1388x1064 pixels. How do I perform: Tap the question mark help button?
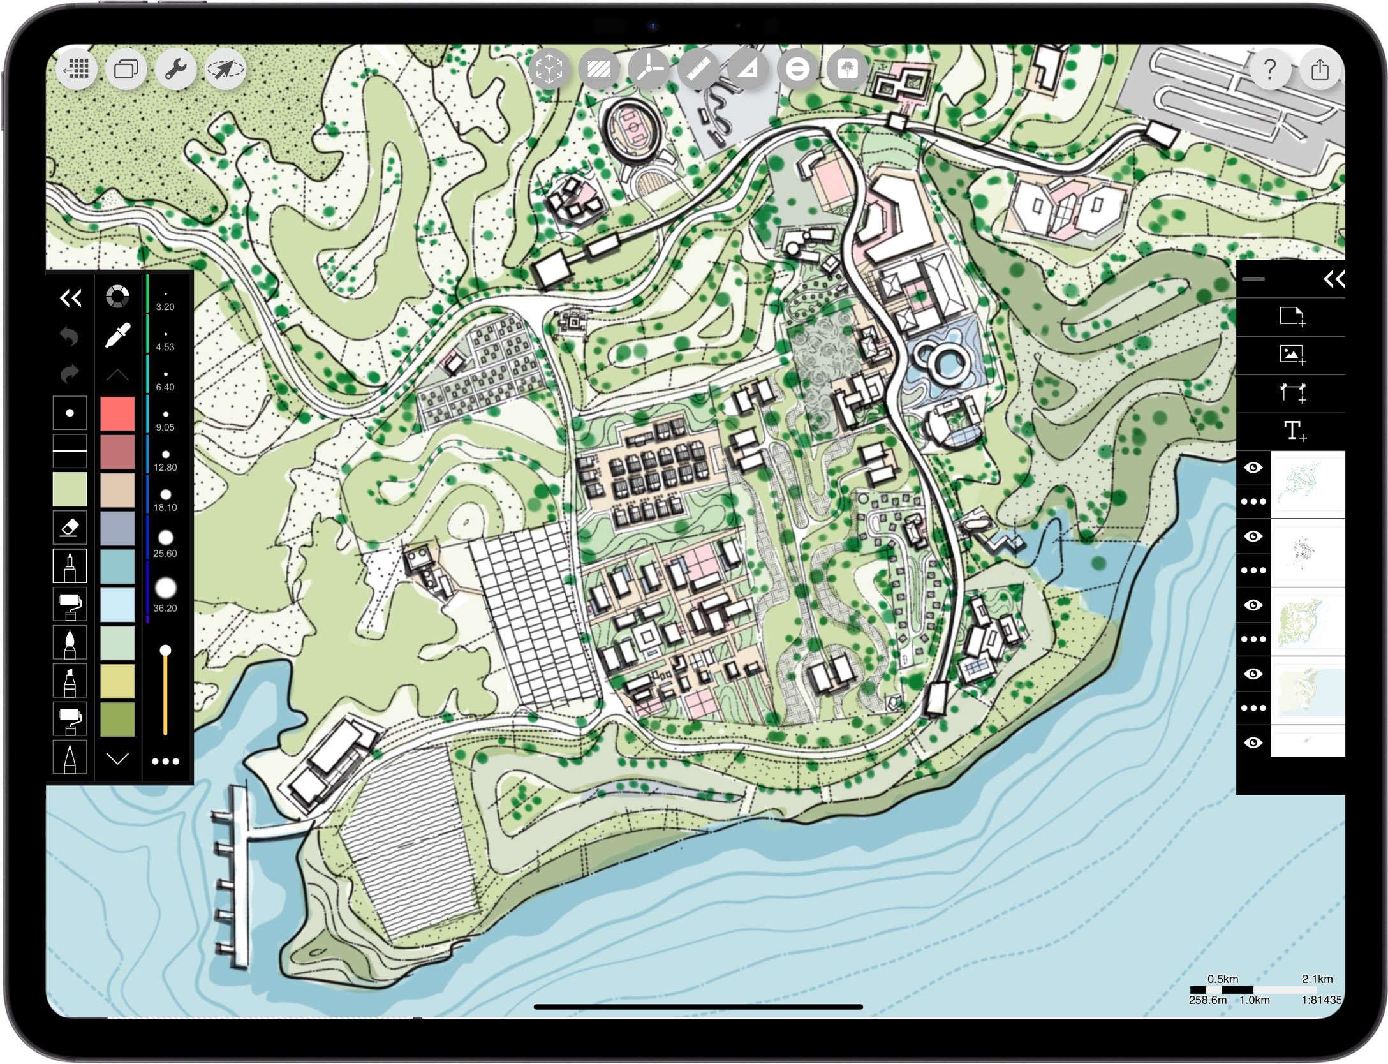(1269, 69)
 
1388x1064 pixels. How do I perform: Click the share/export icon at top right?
(1319, 69)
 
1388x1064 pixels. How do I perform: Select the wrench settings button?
(175, 69)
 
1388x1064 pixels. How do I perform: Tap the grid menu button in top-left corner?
(77, 69)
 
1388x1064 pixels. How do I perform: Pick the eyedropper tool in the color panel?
(117, 336)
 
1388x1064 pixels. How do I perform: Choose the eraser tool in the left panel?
(70, 528)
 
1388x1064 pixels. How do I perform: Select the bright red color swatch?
(117, 414)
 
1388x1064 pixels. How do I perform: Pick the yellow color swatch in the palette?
(117, 681)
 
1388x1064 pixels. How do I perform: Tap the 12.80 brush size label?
(165, 467)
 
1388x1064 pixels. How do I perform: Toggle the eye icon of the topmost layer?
(1253, 468)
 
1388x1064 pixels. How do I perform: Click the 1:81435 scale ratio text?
(1321, 1000)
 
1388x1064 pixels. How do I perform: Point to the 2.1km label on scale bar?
(1317, 979)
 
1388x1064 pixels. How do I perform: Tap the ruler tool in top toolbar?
(698, 69)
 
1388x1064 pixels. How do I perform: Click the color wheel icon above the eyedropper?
(117, 297)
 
